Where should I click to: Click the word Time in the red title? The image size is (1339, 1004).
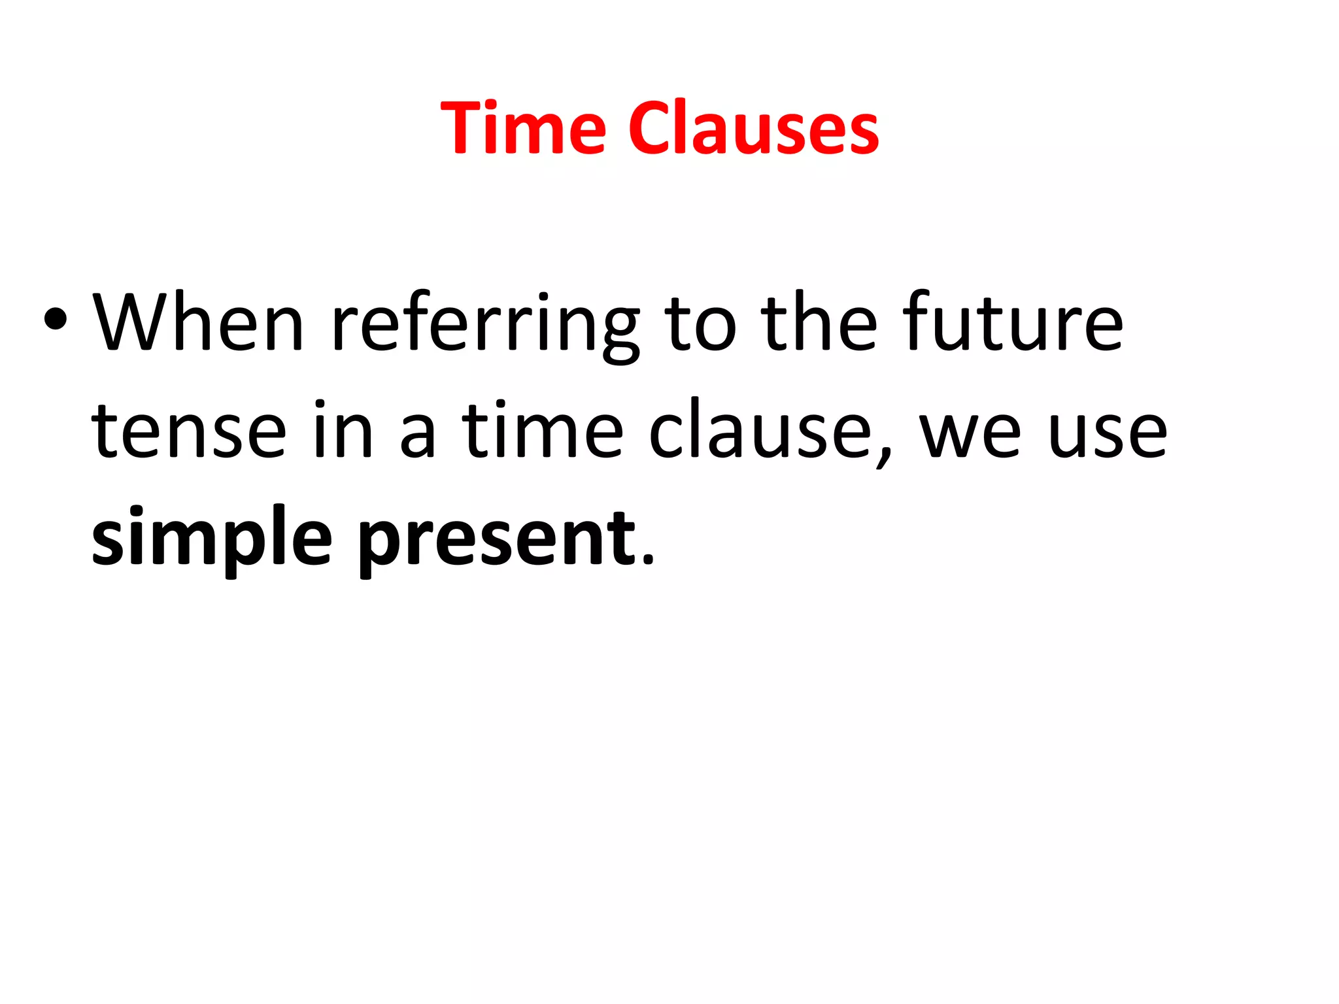524,128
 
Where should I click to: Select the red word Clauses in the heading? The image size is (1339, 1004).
753,128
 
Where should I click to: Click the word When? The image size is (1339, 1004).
198,322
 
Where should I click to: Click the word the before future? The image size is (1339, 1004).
819,322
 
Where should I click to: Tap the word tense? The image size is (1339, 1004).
189,431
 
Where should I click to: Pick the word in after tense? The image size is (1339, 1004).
343,429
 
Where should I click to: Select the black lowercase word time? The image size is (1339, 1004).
543,429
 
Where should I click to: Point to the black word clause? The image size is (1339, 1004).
760,429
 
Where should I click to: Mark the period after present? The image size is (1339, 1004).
647,559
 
